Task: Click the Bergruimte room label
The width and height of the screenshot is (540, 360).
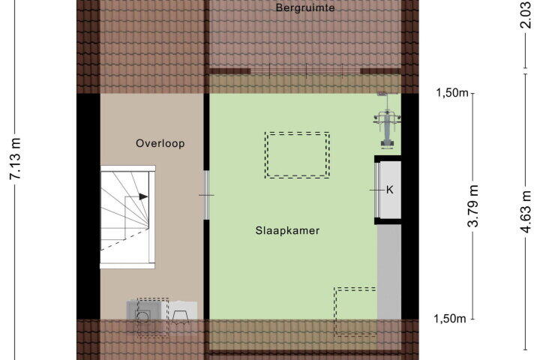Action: (305, 7)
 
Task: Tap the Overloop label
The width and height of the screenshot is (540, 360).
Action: (160, 143)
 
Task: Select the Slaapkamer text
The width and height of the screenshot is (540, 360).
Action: (287, 230)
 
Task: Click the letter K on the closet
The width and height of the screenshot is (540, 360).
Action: (389, 190)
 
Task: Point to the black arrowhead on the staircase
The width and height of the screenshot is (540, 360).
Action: (143, 196)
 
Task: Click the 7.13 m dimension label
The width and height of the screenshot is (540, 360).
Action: (16, 159)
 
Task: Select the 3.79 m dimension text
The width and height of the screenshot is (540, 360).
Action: (473, 205)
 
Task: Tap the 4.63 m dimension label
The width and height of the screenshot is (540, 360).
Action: (526, 212)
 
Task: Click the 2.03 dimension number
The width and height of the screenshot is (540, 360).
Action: (526, 14)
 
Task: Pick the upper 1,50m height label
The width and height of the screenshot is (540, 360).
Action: (452, 93)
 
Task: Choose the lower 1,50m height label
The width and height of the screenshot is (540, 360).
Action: (449, 319)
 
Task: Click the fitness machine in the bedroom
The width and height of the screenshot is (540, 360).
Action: (388, 121)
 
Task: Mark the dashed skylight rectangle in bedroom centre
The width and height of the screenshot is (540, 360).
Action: (297, 133)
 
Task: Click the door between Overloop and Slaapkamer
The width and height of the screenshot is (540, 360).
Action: (206, 195)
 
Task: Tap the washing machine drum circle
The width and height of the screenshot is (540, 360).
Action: (142, 316)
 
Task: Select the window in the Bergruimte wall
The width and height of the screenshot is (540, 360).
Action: (305, 71)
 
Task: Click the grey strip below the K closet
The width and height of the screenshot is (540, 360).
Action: (389, 271)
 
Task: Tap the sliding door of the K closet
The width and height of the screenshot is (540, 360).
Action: (376, 190)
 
